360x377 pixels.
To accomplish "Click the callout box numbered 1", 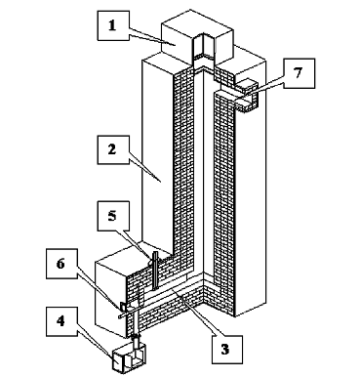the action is point(112,25).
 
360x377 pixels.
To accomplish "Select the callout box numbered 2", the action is point(113,150).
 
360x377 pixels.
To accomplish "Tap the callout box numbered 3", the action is point(226,350).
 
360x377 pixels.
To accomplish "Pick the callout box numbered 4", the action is point(61,321).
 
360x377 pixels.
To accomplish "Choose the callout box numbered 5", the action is point(113,216).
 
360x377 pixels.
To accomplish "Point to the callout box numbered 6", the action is point(61,264).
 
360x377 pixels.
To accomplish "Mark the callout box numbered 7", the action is point(299,73).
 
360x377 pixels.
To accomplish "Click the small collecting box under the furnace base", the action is point(129,360).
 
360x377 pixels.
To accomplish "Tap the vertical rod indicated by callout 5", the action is point(155,271).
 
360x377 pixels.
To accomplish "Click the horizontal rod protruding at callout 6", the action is point(130,314).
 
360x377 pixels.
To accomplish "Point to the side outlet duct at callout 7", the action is point(246,96).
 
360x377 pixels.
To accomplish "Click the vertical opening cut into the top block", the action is point(203,49).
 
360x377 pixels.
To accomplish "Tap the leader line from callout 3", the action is point(196,314).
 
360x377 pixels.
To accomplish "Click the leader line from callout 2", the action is point(144,170).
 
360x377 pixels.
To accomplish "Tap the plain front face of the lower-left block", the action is point(110,300).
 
